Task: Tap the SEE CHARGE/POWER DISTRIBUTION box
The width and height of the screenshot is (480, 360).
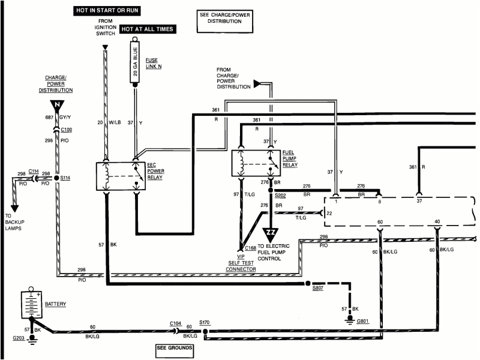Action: coord(221,19)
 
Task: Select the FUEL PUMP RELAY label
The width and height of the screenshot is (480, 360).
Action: coord(290,157)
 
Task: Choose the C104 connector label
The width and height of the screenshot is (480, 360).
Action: coord(175,323)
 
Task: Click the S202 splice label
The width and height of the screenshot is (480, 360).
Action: coord(281,194)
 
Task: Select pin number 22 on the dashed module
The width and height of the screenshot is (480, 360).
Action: coord(329,213)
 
